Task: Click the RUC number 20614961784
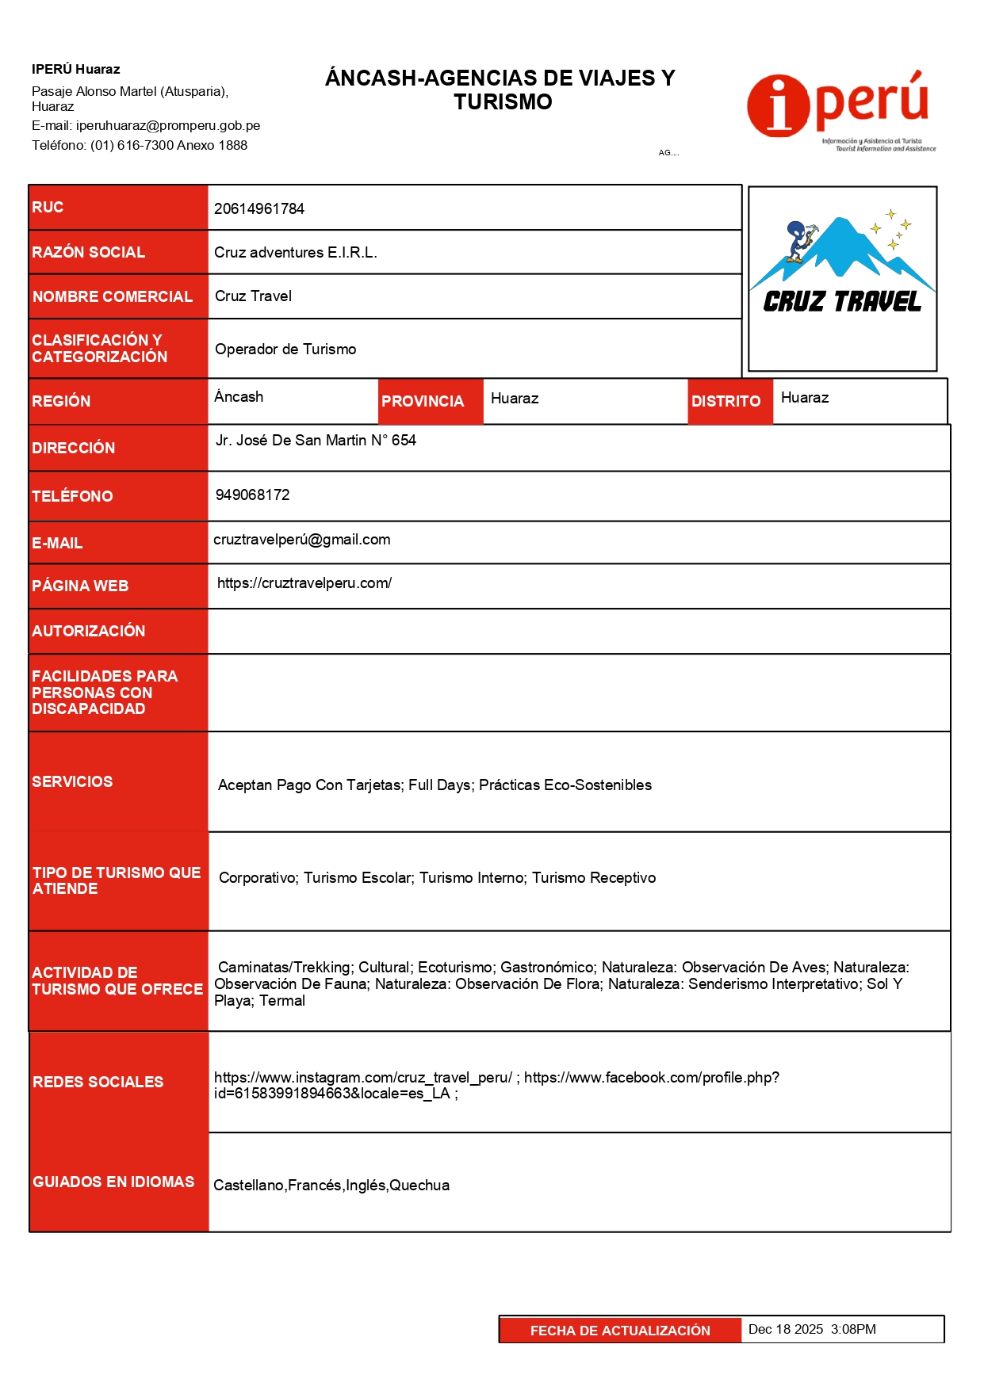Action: click(x=259, y=209)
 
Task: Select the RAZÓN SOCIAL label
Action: click(x=88, y=253)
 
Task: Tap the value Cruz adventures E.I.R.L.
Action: click(x=295, y=253)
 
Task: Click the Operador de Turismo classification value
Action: click(x=285, y=349)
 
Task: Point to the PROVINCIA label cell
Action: click(x=423, y=402)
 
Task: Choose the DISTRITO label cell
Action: click(x=726, y=402)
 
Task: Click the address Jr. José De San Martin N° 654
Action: click(x=316, y=441)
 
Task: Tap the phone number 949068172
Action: click(x=252, y=495)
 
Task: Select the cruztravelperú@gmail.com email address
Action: click(x=301, y=540)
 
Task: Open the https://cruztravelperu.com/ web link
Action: click(x=304, y=583)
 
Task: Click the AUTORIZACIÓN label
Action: click(x=88, y=632)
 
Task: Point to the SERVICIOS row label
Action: click(x=72, y=782)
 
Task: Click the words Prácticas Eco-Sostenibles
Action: click(x=565, y=785)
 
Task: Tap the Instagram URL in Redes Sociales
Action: click(x=363, y=1078)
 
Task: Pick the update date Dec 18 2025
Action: click(x=786, y=1330)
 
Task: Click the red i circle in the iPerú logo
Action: click(x=778, y=107)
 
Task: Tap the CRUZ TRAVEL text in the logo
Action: click(x=842, y=302)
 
